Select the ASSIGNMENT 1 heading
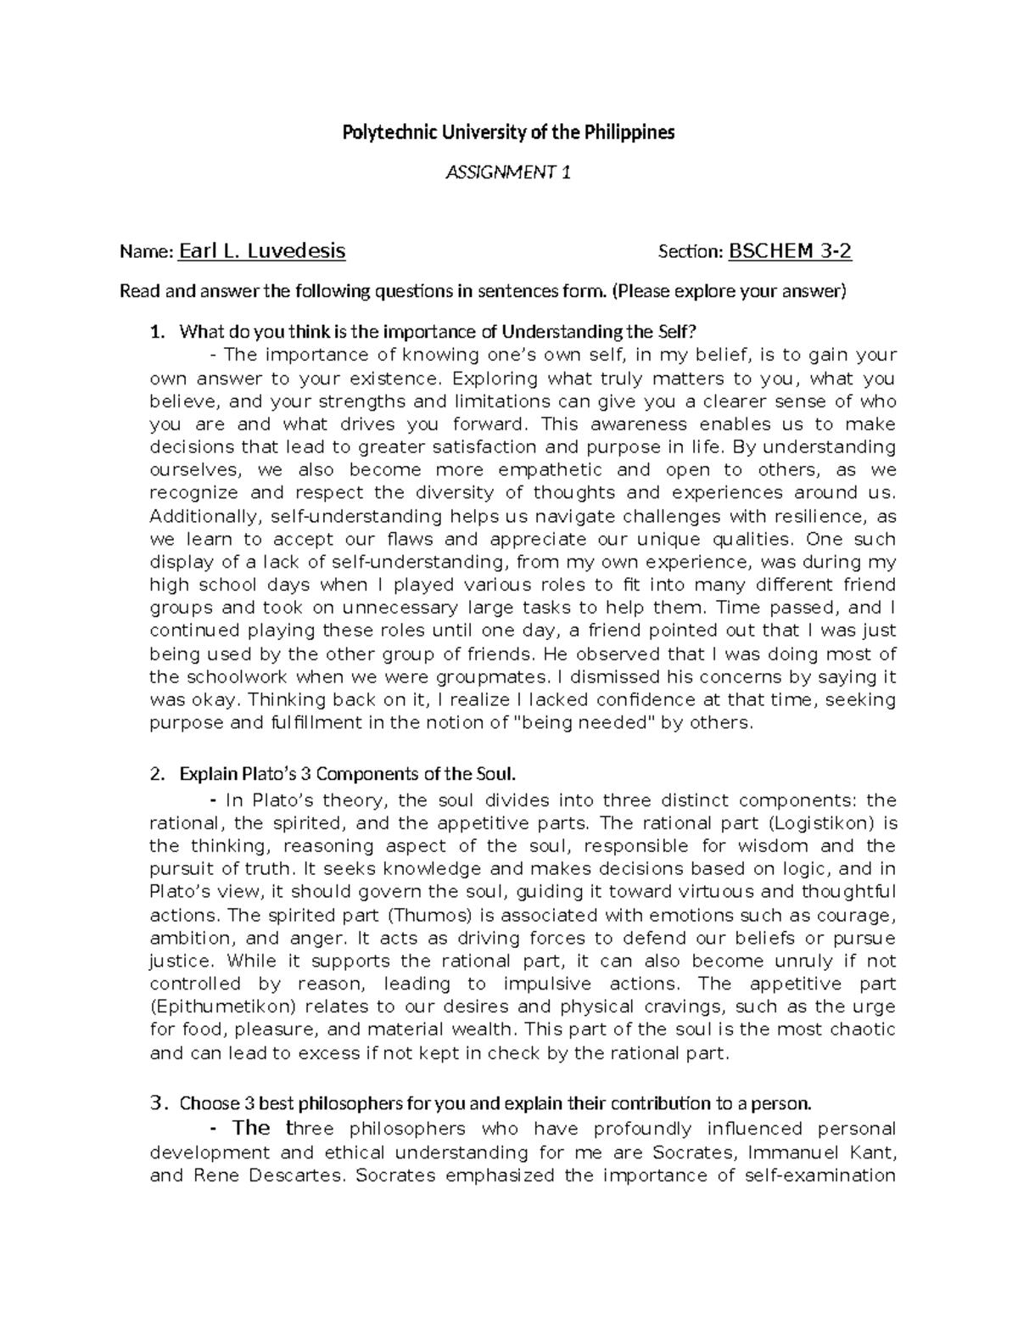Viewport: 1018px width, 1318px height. [508, 173]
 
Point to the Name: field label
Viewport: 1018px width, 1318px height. [147, 251]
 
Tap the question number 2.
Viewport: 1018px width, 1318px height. [154, 774]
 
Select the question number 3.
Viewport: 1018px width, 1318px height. [156, 1103]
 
